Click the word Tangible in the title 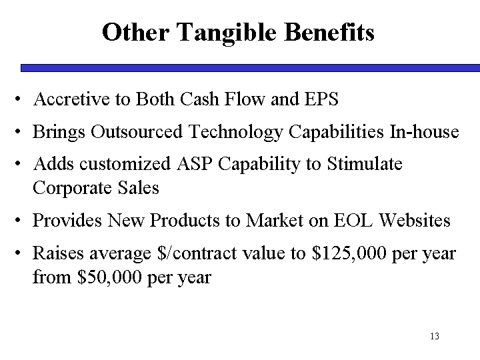click(226, 33)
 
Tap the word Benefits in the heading click(329, 32)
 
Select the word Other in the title click(135, 32)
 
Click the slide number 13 click(435, 336)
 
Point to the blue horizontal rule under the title click(250, 68)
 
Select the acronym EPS click(321, 99)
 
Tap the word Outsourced click(137, 131)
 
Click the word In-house click(424, 131)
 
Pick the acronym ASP click(195, 163)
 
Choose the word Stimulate click(365, 163)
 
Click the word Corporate click(72, 189)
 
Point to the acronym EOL click(353, 220)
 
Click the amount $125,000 click(349, 253)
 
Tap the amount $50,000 click(109, 277)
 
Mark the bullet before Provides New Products click(18, 220)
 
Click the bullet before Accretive click(18, 99)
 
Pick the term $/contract click(197, 253)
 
